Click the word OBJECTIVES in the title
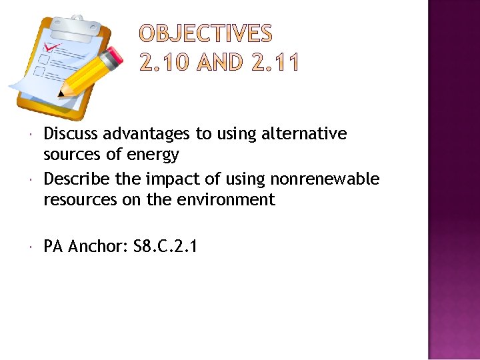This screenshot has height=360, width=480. (205, 33)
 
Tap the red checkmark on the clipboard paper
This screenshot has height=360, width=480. (51, 48)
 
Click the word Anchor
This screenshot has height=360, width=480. (98, 247)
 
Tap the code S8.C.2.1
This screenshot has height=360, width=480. (165, 247)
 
